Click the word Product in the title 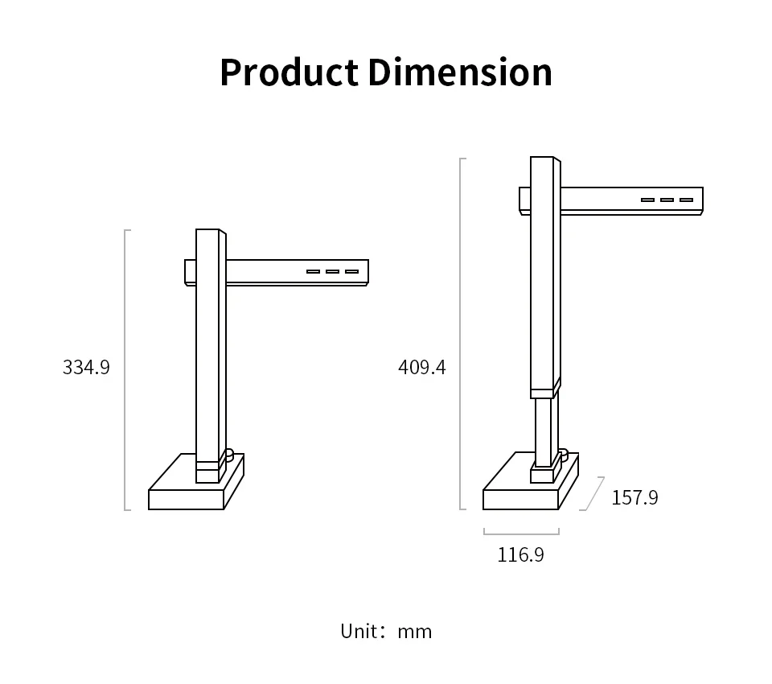point(289,72)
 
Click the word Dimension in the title point(460,72)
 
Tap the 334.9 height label point(86,367)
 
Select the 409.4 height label point(422,367)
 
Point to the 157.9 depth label point(634,497)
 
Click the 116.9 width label point(520,555)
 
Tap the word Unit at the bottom point(359,631)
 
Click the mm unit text point(415,632)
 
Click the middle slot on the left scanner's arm point(332,271)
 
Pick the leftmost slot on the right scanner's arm point(647,200)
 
